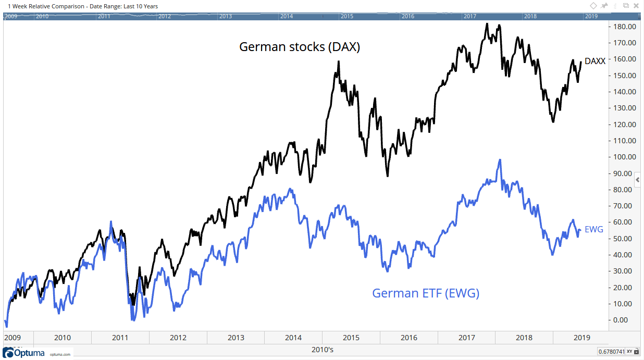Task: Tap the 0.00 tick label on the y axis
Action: [x=624, y=320]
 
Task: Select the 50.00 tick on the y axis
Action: [x=623, y=239]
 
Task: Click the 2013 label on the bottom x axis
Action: [x=236, y=338]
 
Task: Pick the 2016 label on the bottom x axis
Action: [x=409, y=338]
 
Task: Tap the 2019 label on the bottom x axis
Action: [x=581, y=338]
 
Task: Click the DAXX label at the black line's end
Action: [x=595, y=61]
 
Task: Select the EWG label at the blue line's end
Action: [x=594, y=229]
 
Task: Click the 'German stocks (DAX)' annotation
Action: [x=300, y=47]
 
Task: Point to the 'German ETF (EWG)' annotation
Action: [x=425, y=293]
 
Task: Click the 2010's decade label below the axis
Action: [x=322, y=350]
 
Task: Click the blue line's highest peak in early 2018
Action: [x=500, y=160]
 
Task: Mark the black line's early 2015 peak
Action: [x=339, y=61]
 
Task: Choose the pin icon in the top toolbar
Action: [x=604, y=6]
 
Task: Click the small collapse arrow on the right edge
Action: [x=638, y=180]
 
